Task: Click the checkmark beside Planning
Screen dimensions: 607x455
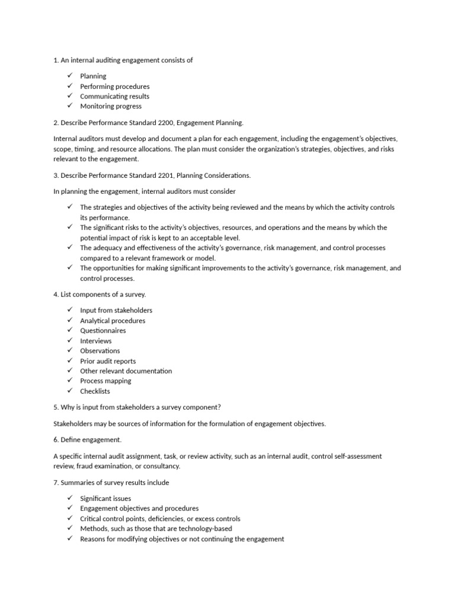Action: coord(69,76)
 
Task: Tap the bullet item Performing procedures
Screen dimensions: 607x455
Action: coord(114,87)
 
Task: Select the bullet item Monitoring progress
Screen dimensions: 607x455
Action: coord(111,107)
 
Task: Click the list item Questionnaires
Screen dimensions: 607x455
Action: coord(102,331)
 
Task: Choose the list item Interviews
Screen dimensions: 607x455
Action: coord(95,341)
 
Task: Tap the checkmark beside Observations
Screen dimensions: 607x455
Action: coord(69,350)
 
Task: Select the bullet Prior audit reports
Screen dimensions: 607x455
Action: coord(107,361)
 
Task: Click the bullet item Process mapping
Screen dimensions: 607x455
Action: coord(105,381)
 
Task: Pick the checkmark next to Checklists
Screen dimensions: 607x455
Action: coord(69,391)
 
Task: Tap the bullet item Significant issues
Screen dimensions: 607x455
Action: coord(105,499)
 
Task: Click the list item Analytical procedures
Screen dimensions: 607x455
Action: coord(113,321)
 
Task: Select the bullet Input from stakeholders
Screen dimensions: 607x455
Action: coord(116,311)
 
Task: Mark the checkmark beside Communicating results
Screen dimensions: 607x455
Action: coord(69,96)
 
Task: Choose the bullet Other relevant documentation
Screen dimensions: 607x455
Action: coord(126,371)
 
